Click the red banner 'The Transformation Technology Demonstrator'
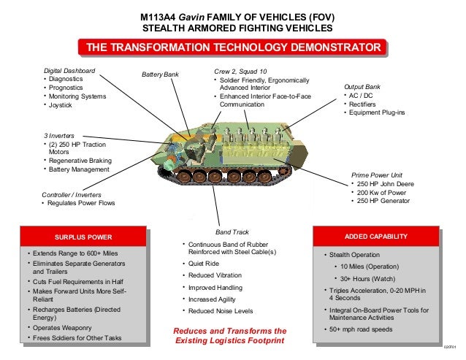tap(234, 48)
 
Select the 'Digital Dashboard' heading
tap(69, 70)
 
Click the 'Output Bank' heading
tap(363, 87)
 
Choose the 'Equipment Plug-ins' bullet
tap(378, 113)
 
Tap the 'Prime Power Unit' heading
tap(376, 175)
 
